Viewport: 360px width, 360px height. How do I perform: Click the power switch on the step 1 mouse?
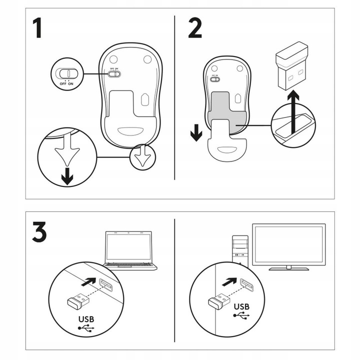114,73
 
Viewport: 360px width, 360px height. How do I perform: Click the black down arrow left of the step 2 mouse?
196,133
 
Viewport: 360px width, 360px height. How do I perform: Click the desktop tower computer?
240,247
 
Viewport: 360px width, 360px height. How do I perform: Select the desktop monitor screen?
288,244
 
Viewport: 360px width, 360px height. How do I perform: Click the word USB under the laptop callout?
86,318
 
